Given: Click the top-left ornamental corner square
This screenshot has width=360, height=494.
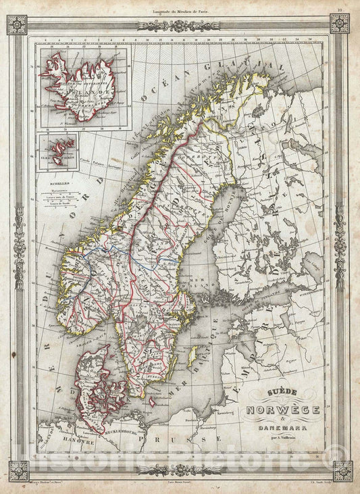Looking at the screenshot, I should click(x=17, y=24).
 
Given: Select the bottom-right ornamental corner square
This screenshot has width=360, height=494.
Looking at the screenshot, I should click(x=342, y=470).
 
